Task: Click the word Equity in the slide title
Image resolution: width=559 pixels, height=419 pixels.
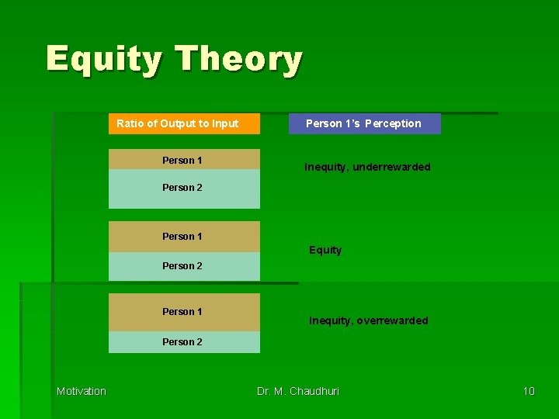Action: (104, 59)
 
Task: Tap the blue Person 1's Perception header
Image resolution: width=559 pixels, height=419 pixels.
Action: (364, 123)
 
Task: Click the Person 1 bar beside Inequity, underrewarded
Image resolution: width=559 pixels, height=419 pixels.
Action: (184, 160)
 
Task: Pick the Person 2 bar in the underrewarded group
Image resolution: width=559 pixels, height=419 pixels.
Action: (184, 189)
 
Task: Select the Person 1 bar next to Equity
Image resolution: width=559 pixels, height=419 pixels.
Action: (184, 236)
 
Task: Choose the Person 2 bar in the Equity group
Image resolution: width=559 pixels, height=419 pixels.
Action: (184, 266)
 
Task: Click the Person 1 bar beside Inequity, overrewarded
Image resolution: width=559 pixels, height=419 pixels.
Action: (184, 312)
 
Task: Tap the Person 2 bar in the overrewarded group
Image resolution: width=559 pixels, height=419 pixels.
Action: (184, 341)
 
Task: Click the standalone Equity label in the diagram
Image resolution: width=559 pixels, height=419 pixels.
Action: (325, 250)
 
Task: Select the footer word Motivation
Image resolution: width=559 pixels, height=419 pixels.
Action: (82, 391)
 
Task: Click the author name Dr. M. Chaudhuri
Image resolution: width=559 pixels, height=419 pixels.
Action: (298, 391)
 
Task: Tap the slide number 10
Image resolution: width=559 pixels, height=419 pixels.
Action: (528, 391)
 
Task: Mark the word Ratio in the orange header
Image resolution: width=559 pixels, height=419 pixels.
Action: (130, 123)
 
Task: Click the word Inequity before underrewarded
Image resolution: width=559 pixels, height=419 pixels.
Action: (328, 167)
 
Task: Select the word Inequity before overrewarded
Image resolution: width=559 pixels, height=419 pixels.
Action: (331, 320)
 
